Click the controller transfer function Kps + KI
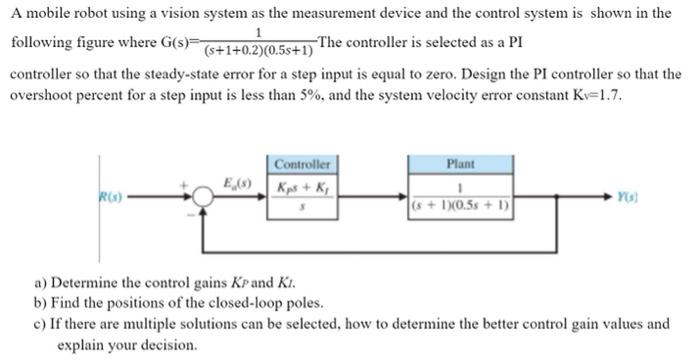point(302,188)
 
